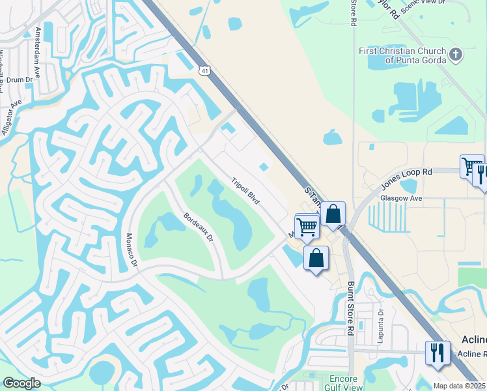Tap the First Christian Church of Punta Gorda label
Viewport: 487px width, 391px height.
point(403,55)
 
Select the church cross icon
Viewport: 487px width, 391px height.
point(456,55)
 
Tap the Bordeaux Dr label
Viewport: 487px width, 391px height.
point(198,227)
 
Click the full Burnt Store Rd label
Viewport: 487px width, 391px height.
point(350,308)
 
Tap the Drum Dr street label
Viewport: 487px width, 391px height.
point(20,80)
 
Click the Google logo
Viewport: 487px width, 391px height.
point(21,383)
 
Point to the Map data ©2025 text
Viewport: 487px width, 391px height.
point(459,386)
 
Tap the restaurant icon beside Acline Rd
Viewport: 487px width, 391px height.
point(437,353)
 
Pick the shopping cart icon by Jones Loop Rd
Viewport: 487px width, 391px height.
point(471,166)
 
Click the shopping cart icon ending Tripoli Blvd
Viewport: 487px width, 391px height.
point(307,226)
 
